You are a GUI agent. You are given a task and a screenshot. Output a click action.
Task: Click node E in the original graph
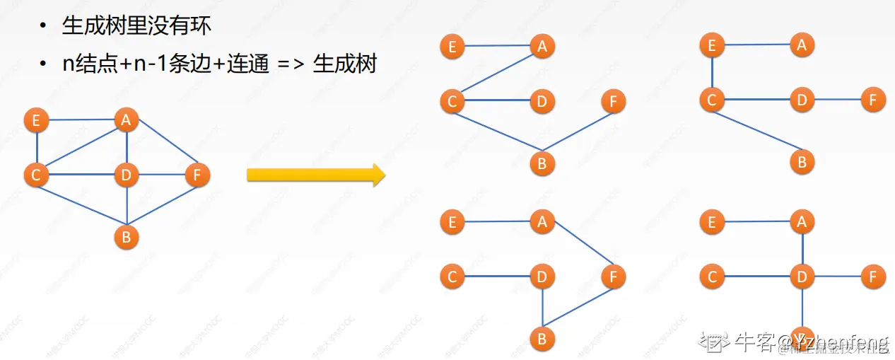[x=36, y=120]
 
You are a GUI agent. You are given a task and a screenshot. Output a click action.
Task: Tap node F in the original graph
[x=197, y=175]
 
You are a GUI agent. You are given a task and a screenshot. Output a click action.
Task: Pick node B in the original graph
[x=126, y=237]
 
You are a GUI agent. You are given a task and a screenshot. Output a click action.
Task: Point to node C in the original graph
[x=36, y=175]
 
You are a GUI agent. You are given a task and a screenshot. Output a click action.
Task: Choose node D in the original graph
[x=126, y=175]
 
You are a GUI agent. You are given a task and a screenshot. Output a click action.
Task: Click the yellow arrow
[x=315, y=175]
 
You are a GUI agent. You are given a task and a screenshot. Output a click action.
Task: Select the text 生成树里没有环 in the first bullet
[x=136, y=27]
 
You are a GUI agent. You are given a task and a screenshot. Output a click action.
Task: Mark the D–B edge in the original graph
[x=126, y=207]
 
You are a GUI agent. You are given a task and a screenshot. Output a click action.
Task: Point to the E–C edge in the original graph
[x=36, y=147]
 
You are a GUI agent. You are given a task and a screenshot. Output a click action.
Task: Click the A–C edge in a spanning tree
[x=497, y=74]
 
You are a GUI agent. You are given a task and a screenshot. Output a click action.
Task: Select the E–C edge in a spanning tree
[x=712, y=73]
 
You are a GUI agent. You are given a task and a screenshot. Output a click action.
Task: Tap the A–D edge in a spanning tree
[x=802, y=250]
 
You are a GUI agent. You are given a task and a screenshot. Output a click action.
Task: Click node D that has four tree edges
[x=802, y=277]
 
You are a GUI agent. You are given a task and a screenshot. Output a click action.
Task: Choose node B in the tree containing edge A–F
[x=542, y=339]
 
